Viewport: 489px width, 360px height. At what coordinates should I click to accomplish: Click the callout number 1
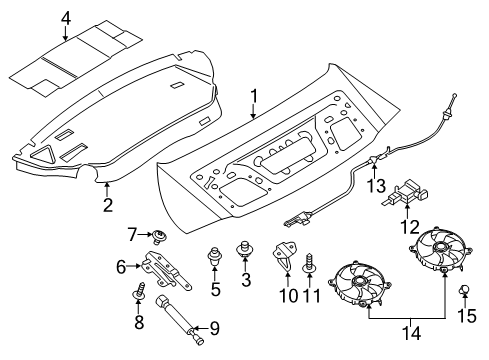click(254, 97)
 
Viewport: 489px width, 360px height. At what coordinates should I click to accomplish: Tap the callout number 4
click(65, 17)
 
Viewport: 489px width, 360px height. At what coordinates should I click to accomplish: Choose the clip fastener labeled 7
click(159, 237)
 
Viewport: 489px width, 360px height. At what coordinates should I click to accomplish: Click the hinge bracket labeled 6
click(154, 268)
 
